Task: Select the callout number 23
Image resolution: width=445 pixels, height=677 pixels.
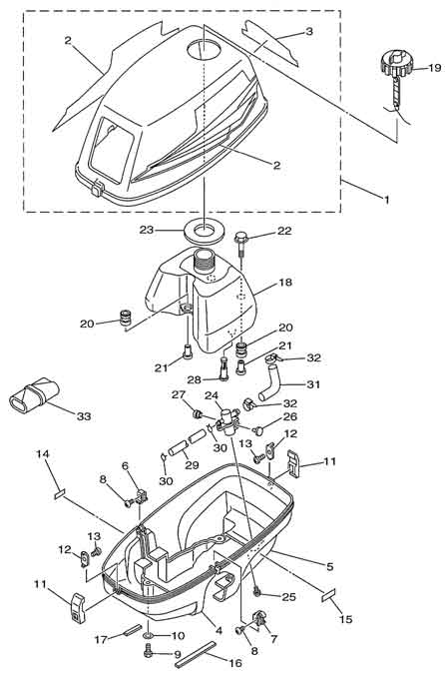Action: (147, 230)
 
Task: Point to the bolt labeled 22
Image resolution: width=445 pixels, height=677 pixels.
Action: (241, 244)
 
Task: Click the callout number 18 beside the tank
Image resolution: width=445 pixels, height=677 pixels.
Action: (285, 283)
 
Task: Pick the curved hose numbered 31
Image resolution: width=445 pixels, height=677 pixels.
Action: (271, 382)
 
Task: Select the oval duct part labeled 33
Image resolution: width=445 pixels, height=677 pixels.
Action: (33, 392)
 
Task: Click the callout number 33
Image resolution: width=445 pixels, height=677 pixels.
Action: (84, 416)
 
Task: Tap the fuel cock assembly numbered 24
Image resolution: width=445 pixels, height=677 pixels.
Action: (227, 420)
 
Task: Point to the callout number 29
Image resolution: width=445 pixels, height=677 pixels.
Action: (192, 464)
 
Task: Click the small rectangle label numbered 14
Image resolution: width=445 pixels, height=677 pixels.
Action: (59, 493)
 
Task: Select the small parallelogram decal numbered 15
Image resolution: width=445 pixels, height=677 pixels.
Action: (329, 594)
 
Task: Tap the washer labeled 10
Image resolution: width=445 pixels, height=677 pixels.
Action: (148, 635)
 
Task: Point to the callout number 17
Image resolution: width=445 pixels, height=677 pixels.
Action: (102, 639)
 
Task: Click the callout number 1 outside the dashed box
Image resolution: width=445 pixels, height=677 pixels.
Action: (387, 200)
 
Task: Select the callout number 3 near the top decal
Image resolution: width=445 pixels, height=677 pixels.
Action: (309, 32)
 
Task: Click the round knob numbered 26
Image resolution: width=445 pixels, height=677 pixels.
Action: (259, 430)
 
